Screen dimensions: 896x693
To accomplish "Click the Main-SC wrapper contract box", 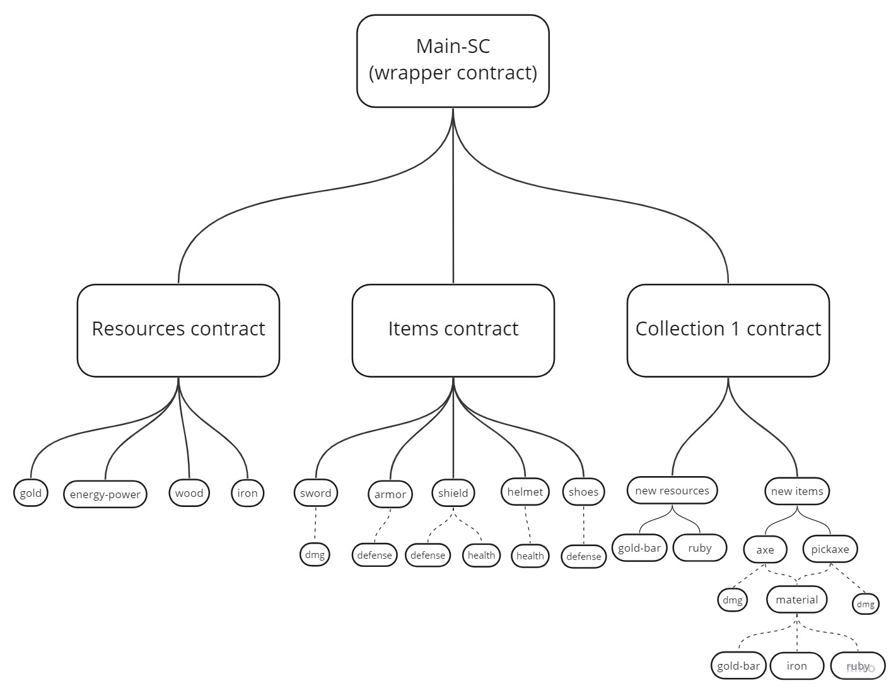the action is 452,61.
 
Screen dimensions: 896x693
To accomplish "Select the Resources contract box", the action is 178,330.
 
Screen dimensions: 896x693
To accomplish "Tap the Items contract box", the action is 453,330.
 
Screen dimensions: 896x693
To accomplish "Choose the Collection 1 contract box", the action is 728,330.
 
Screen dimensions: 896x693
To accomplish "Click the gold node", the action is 30,492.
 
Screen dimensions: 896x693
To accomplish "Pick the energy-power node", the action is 105,494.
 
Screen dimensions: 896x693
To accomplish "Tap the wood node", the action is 189,492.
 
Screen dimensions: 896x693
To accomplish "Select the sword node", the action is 315,492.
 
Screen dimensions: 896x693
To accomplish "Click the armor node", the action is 390,494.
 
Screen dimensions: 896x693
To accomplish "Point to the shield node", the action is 453,492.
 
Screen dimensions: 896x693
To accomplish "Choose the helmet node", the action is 525,491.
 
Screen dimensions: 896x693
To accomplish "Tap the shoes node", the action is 583,491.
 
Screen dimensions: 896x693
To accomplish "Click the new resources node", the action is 672,490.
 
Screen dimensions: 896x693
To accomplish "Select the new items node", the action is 796,491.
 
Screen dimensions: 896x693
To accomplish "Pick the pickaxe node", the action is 830,549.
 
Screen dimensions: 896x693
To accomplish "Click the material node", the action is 796,599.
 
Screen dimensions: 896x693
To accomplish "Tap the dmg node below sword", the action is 315,554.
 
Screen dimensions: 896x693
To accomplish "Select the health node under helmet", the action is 530,556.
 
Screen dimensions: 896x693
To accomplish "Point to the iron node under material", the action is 796,665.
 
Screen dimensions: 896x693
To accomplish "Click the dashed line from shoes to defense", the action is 583,525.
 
